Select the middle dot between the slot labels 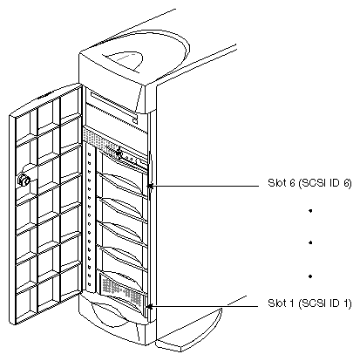[x=286, y=245]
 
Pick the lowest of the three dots [x=286, y=276]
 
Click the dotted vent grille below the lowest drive [x=119, y=283]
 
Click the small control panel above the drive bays [x=125, y=155]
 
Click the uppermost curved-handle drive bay [x=122, y=180]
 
